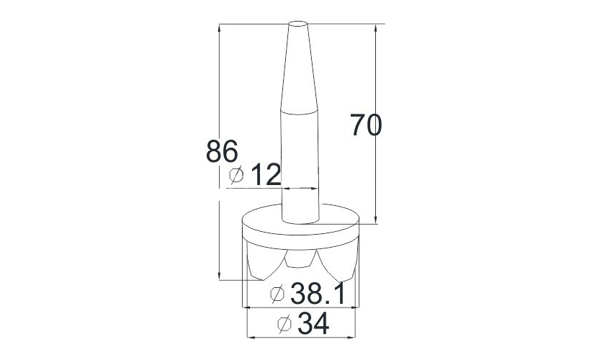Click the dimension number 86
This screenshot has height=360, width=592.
pos(222,151)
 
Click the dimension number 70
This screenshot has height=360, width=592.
pos(366,125)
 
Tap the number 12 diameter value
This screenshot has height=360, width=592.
pos(266,174)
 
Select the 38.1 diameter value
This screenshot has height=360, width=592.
pos(318,294)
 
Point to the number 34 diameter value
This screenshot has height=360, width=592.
pos(313,323)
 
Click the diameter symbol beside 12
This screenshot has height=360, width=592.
pos(237,175)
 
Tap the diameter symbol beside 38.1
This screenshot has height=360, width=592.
pos(277,294)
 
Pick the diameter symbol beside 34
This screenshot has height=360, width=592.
pos(284,324)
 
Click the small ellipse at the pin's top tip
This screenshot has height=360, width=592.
pos(298,24)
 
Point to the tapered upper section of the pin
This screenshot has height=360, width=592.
pos(299,68)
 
